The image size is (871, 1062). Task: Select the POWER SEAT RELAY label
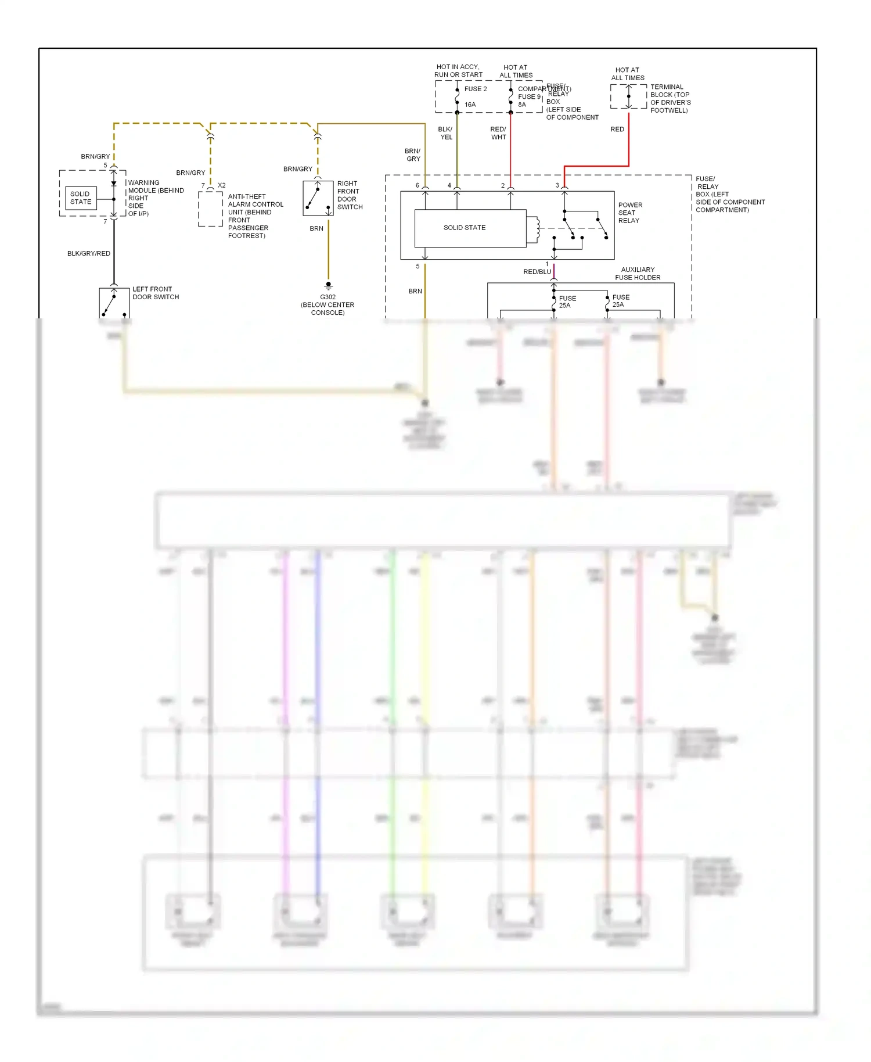[629, 213]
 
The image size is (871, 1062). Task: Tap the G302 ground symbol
[328, 285]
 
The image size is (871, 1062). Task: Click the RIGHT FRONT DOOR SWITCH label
[350, 195]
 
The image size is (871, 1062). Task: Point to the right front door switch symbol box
[318, 198]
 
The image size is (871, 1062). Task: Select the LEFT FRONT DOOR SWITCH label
[155, 293]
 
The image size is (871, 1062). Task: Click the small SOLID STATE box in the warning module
[81, 198]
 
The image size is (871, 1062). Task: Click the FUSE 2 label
[476, 89]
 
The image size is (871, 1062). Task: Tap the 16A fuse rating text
[470, 105]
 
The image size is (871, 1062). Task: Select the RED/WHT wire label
[498, 133]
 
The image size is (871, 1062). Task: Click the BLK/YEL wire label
[445, 133]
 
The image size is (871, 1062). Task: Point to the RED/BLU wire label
[537, 271]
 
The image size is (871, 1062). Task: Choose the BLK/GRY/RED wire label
[89, 253]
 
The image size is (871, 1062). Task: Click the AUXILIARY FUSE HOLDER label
[638, 274]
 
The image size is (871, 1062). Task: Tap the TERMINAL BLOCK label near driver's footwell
[670, 98]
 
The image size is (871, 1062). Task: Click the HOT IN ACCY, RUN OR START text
[458, 71]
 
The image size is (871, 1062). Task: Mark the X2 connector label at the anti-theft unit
[221, 185]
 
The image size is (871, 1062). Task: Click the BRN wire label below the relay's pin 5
[415, 291]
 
